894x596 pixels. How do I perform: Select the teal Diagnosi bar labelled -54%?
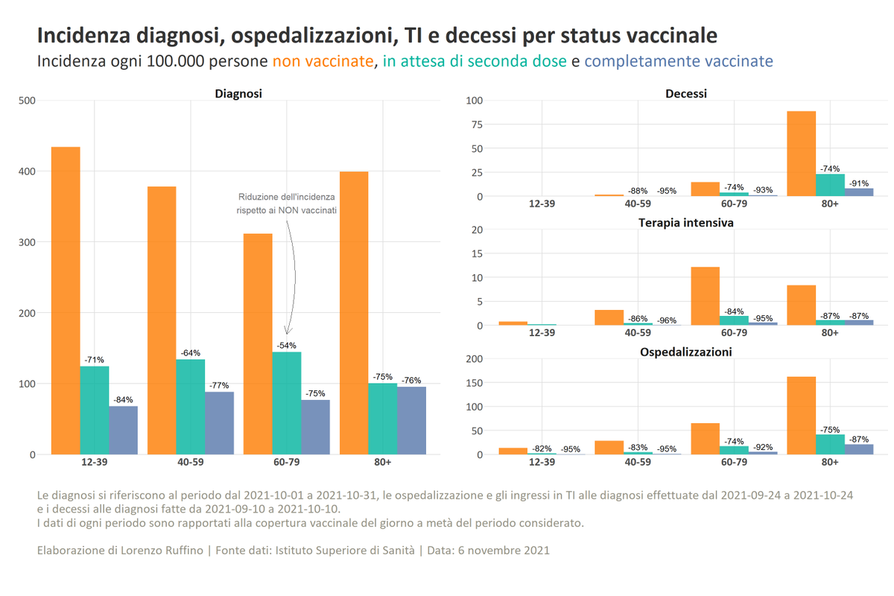tap(287, 403)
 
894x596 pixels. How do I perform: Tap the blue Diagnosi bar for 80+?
tap(411, 420)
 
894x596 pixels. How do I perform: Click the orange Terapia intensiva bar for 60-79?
tap(706, 296)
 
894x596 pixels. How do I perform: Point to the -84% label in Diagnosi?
tap(123, 400)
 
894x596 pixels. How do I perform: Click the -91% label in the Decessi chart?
tap(858, 183)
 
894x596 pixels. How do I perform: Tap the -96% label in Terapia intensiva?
tap(667, 320)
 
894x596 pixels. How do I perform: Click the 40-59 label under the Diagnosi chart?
tap(191, 462)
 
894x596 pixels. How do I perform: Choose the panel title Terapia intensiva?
tap(686, 223)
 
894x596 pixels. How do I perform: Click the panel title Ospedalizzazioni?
tap(686, 352)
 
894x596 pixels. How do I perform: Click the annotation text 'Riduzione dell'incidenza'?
tap(287, 197)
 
